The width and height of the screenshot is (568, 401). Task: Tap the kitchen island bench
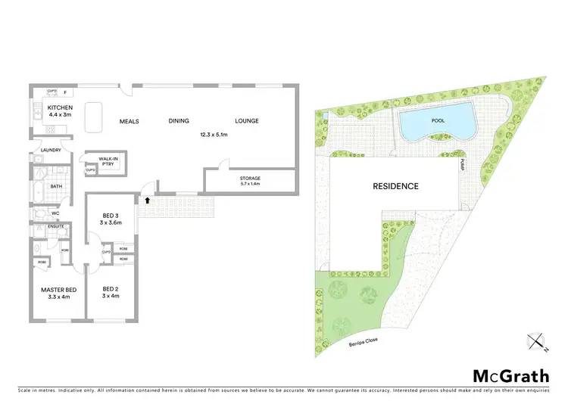pos(94,117)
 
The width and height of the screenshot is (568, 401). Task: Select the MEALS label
pos(129,121)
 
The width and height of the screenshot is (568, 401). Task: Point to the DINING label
pos(179,121)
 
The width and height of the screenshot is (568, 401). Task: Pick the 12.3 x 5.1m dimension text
pos(214,135)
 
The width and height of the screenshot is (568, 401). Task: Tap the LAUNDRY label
pos(41,151)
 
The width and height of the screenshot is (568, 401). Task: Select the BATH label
pos(56,186)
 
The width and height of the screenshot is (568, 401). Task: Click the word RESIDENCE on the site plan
pos(395,186)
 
